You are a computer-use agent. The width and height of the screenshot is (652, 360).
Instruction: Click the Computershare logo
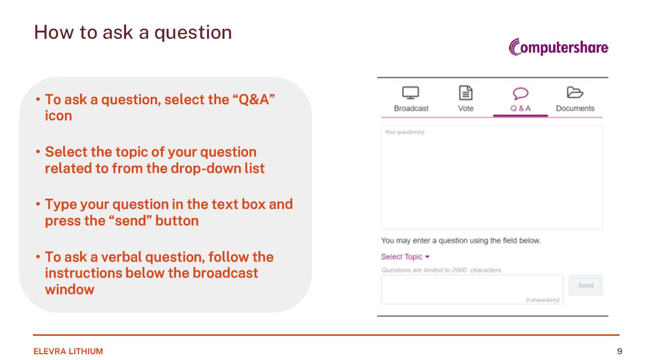pos(558,47)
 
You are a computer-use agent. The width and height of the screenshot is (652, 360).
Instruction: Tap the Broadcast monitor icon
pos(411,93)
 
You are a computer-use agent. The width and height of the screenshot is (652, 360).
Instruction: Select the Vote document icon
pos(466,93)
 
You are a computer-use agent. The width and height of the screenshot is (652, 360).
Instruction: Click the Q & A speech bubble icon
pos(521,94)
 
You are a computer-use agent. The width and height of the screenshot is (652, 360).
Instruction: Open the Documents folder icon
pos(575,93)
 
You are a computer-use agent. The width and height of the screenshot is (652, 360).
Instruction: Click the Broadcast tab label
pos(411,108)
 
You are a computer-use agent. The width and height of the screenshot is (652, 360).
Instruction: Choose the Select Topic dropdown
pos(405,257)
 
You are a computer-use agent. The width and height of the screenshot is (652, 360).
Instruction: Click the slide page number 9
pos(620,351)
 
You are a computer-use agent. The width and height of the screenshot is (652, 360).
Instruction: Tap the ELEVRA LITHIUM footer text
pos(68,351)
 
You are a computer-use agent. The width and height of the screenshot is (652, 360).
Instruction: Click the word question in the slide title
pos(193,32)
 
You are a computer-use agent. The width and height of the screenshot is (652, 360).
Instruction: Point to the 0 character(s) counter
pos(542,300)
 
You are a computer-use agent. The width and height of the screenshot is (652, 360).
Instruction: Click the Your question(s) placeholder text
pos(404,132)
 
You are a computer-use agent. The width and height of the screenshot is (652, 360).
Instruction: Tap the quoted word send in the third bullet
pos(131,220)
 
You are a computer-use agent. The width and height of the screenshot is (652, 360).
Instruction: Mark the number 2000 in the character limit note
pos(460,270)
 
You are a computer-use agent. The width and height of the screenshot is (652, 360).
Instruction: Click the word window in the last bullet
pos(70,290)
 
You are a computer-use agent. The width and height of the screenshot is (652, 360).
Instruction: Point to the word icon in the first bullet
pos(58,115)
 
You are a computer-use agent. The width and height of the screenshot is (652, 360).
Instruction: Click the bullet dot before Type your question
pos(38,204)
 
